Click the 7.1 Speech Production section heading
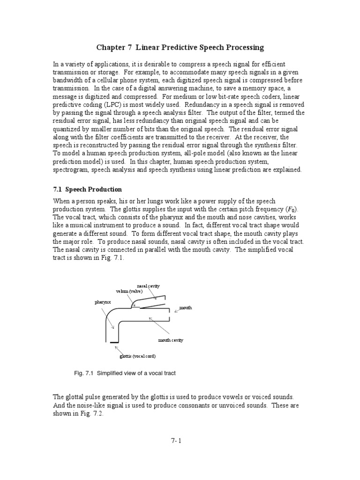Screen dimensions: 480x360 tap(87, 189)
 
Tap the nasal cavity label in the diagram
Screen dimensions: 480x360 tap(148, 285)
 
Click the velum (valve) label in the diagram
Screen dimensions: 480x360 tap(129, 291)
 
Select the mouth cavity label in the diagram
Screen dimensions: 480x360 tap(171, 340)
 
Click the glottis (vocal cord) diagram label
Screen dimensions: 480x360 tap(138, 356)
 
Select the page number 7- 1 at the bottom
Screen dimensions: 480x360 tap(180, 440)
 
